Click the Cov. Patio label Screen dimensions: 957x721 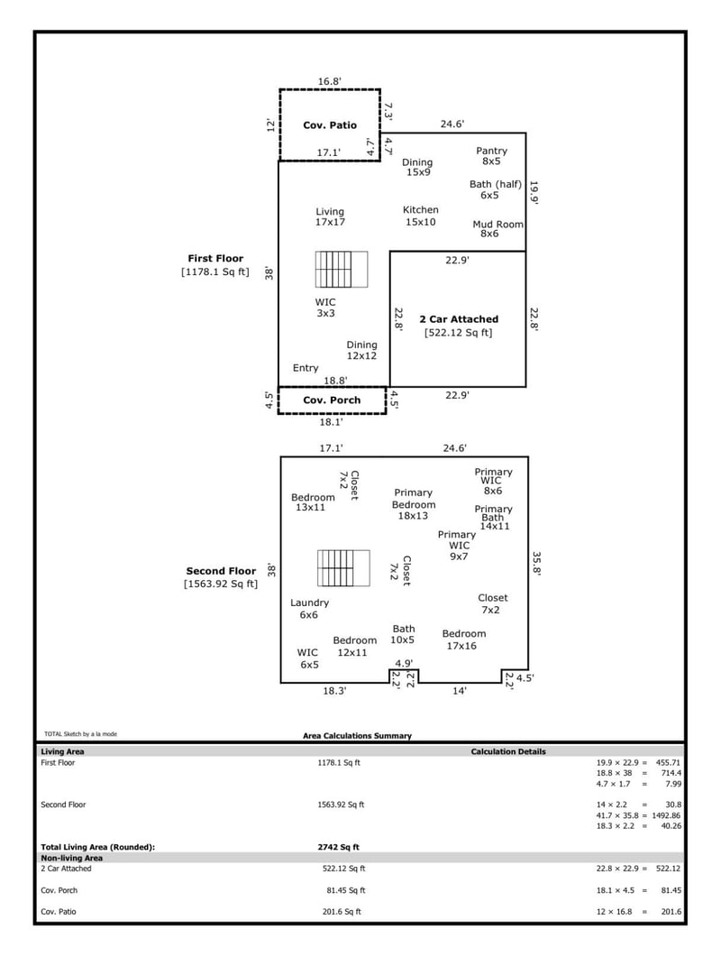pyautogui.click(x=329, y=125)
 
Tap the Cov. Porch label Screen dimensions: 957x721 pyautogui.click(x=331, y=400)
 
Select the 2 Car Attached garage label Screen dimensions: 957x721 pyautogui.click(x=458, y=319)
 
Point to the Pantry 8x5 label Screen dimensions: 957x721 pyautogui.click(x=491, y=156)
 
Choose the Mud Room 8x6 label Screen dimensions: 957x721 pyautogui.click(x=497, y=228)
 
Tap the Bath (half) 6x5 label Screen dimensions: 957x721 pyautogui.click(x=495, y=189)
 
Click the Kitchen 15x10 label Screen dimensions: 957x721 pyautogui.click(x=420, y=216)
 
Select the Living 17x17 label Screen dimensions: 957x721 pyautogui.click(x=330, y=216)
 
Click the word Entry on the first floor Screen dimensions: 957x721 pyautogui.click(x=306, y=368)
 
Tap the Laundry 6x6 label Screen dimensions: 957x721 pyautogui.click(x=309, y=608)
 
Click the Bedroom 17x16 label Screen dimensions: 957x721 pyautogui.click(x=464, y=640)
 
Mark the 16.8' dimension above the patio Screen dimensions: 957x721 pyautogui.click(x=329, y=81)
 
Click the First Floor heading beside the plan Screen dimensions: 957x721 pyautogui.click(x=215, y=259)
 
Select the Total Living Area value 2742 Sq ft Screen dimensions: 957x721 pyautogui.click(x=341, y=847)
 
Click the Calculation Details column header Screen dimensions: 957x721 pyautogui.click(x=507, y=751)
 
